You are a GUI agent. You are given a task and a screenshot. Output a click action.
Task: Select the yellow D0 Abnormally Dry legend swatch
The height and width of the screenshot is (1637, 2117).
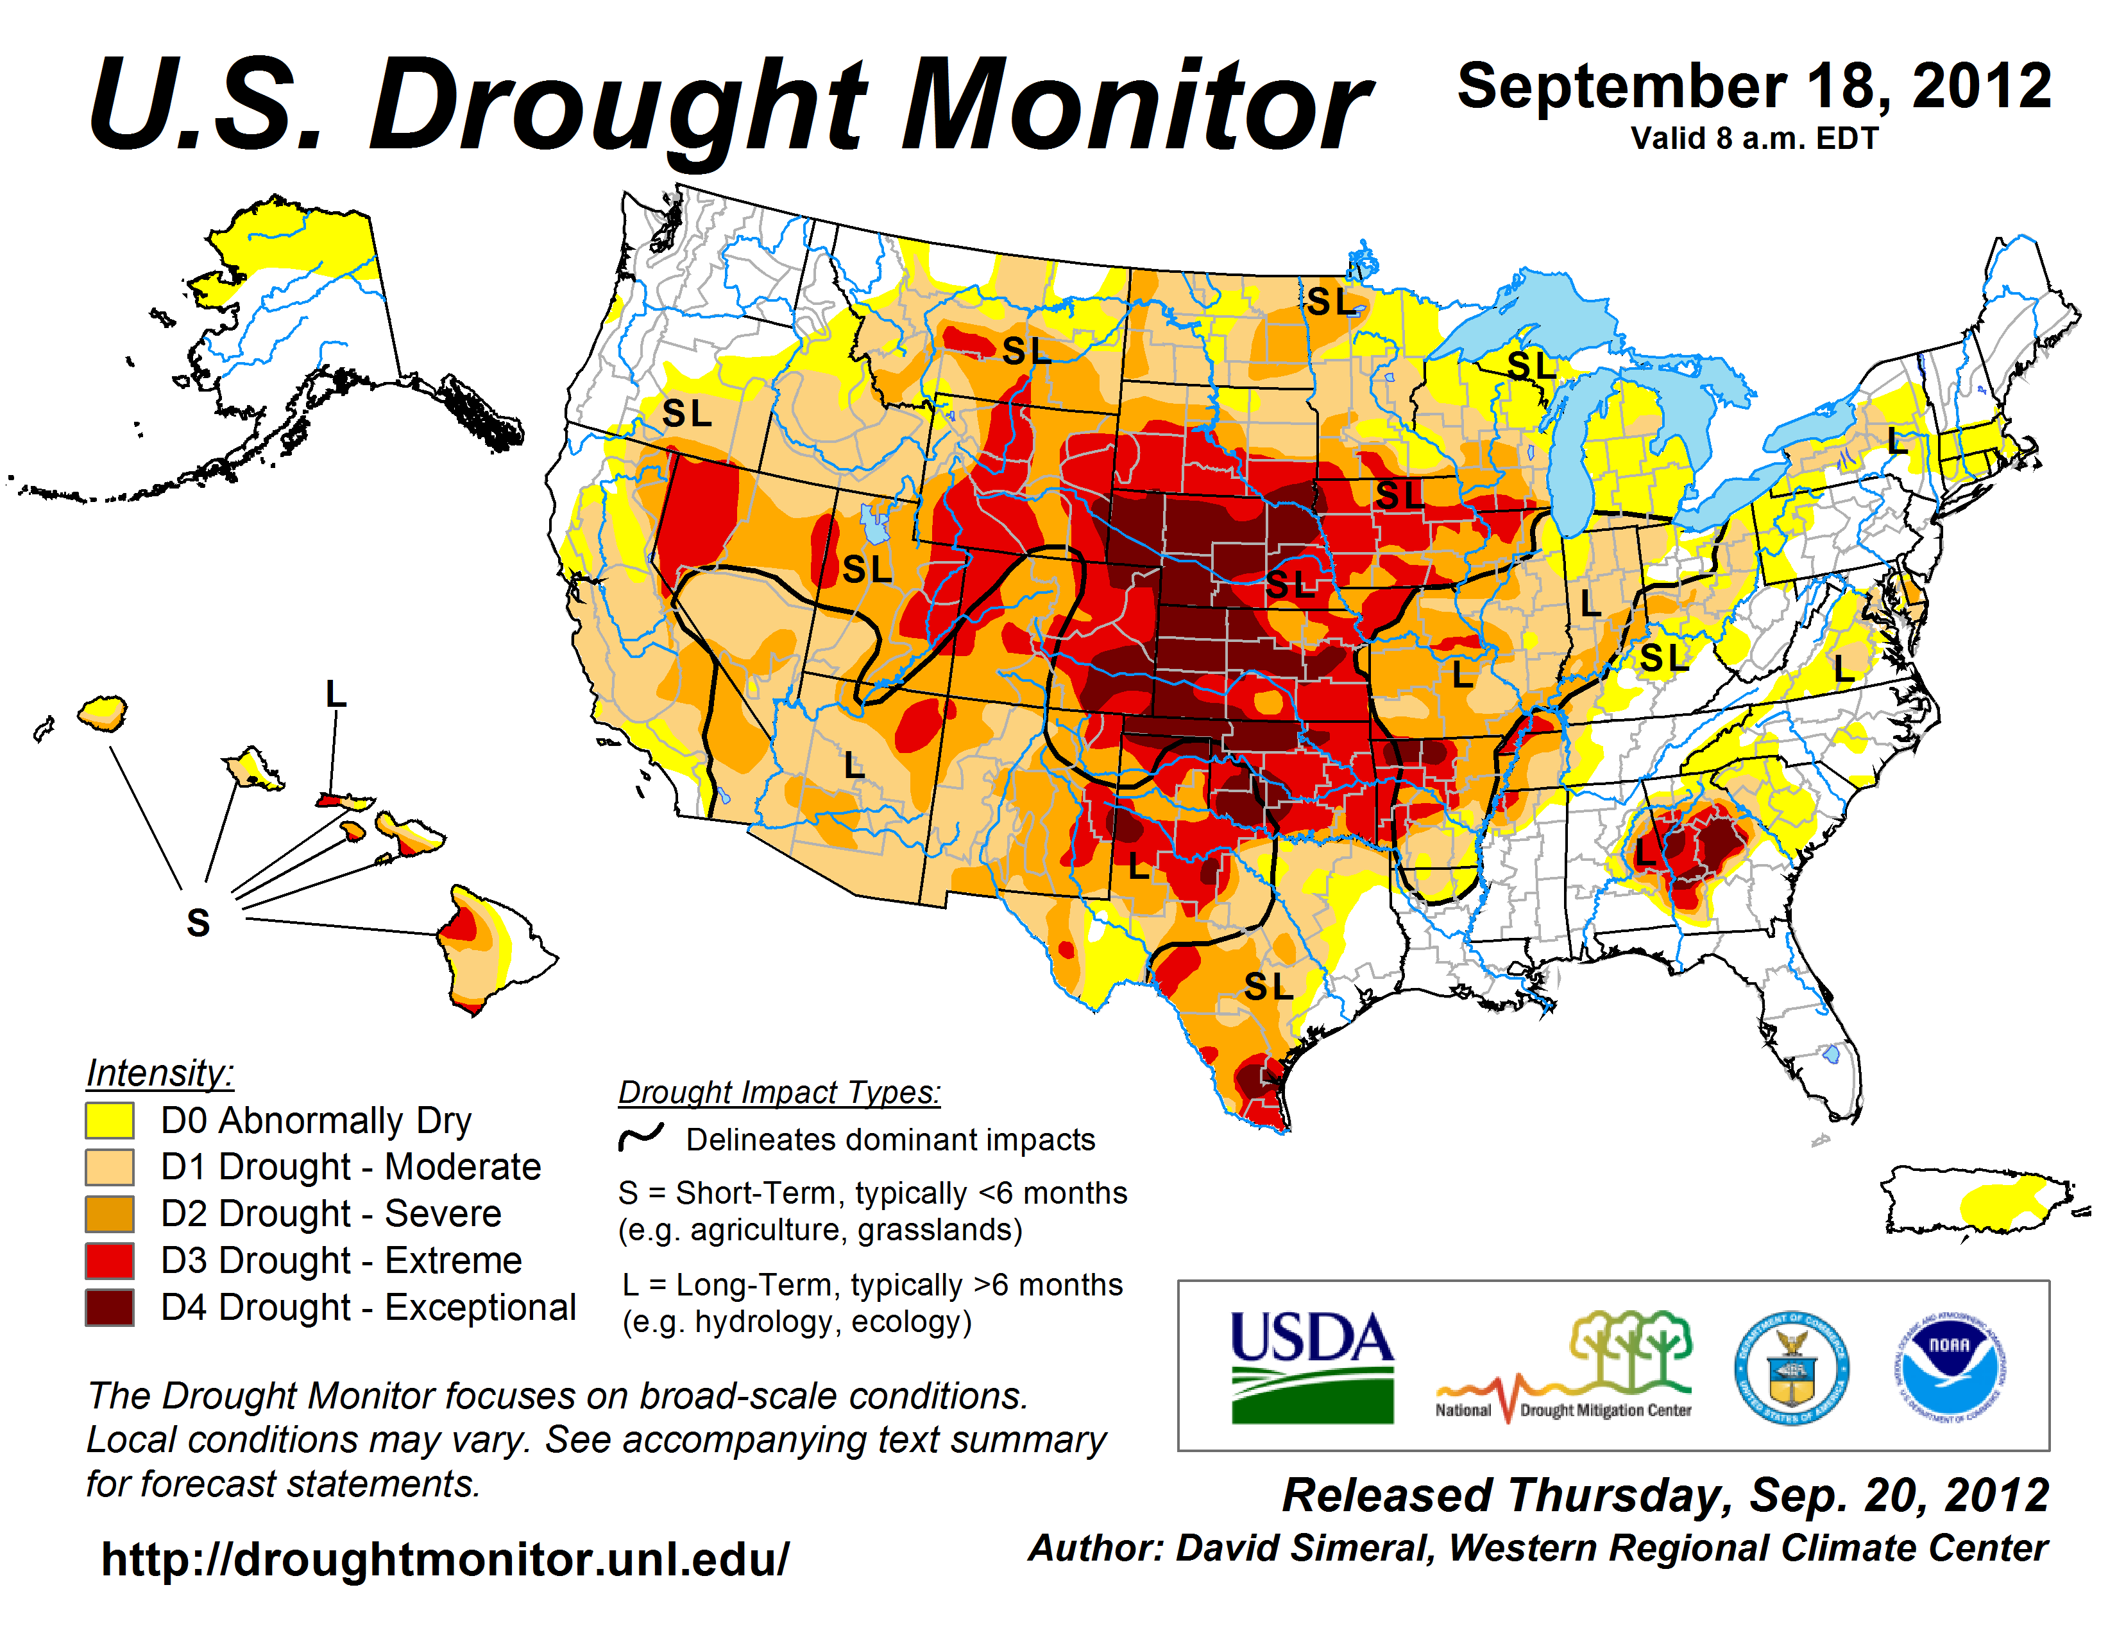110,1120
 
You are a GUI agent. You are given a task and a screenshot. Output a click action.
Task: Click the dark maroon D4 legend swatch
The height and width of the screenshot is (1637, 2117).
110,1307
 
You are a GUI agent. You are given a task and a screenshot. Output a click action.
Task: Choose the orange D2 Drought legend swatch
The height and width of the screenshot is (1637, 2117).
110,1214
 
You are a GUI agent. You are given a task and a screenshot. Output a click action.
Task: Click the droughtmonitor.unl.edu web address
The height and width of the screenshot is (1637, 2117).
445,1559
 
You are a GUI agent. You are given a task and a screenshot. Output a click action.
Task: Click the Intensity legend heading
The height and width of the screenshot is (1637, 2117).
160,1073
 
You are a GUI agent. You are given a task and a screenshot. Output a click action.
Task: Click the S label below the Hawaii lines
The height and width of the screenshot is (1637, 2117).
198,923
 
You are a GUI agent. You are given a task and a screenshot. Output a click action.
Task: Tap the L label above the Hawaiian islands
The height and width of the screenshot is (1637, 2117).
336,695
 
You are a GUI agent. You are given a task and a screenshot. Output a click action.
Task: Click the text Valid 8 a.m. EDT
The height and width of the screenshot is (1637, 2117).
1755,139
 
